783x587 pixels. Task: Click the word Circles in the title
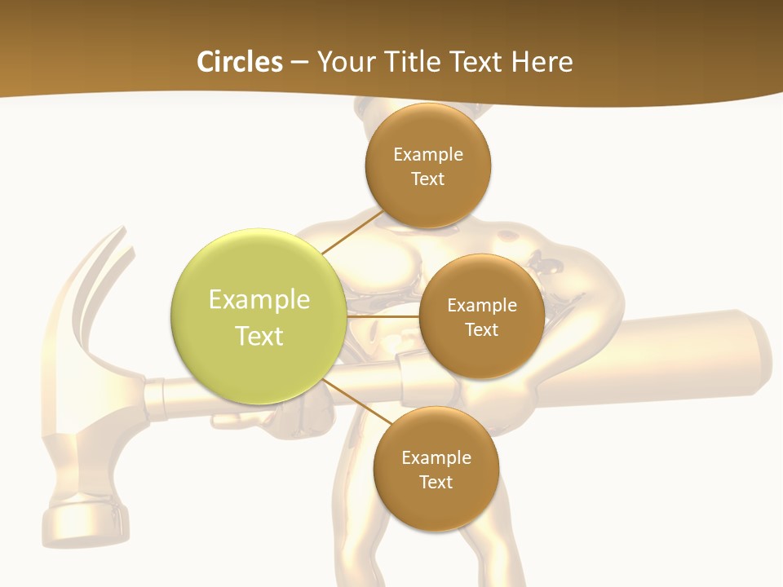coord(239,62)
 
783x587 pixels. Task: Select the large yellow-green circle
coord(259,316)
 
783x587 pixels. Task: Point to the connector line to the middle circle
coord(383,316)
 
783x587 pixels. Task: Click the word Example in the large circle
coord(259,299)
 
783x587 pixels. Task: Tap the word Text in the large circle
coord(259,336)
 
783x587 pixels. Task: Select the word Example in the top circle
coord(427,154)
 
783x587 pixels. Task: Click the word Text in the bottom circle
coord(436,482)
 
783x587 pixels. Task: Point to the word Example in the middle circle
coord(481,305)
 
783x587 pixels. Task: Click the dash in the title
coord(299,63)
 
